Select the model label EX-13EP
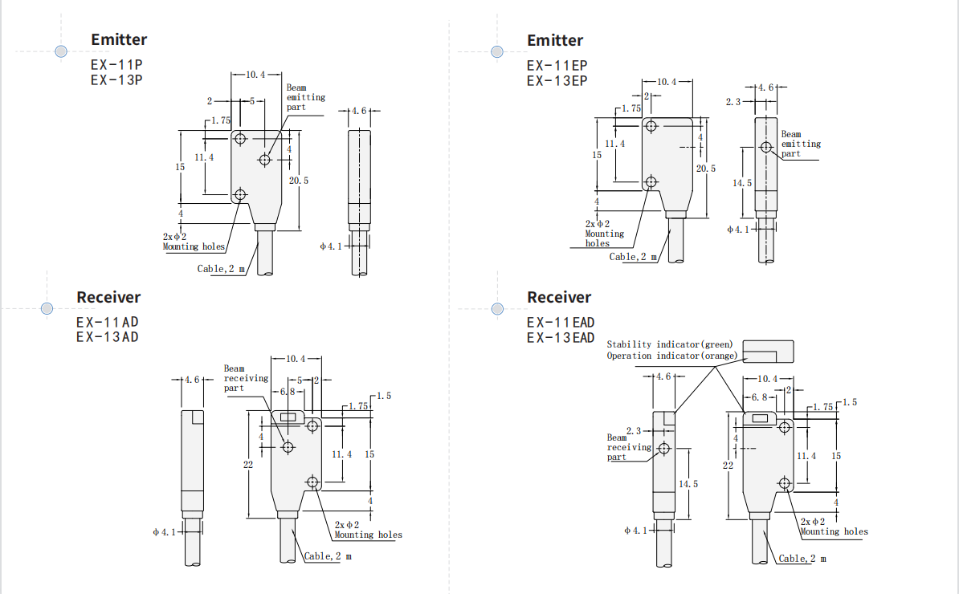[x=557, y=80]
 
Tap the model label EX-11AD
[x=108, y=322]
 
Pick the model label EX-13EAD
[x=561, y=337]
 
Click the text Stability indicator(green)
[x=670, y=344]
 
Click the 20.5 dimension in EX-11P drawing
[x=299, y=181]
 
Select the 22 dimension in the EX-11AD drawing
[x=249, y=465]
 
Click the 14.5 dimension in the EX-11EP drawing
[x=742, y=183]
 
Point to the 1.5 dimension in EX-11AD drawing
[x=383, y=396]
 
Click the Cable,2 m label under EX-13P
[x=221, y=268]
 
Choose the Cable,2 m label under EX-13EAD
[x=802, y=558]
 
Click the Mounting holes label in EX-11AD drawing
[x=368, y=535]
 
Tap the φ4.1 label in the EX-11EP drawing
[x=737, y=230]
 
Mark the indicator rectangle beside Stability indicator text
[x=768, y=351]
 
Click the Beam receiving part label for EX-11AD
[x=235, y=378]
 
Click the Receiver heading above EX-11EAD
[x=558, y=297]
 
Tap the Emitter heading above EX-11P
[x=119, y=39]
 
